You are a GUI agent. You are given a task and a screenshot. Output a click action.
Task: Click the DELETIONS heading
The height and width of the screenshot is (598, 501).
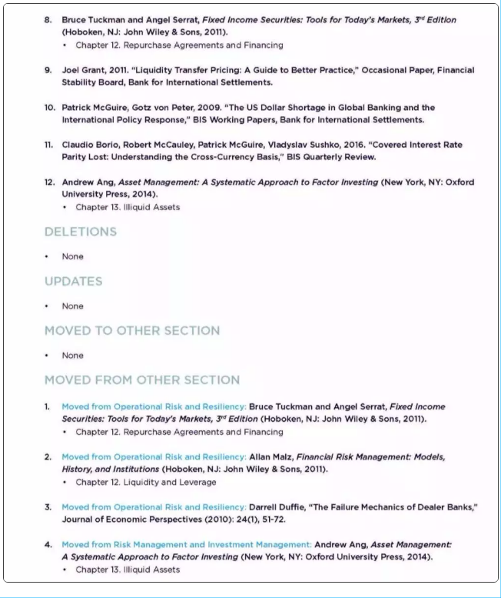(80, 232)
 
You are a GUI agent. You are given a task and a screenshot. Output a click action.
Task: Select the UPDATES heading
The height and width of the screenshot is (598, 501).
(73, 281)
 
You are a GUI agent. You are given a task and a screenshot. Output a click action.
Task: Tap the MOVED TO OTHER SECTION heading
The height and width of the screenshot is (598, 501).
(131, 330)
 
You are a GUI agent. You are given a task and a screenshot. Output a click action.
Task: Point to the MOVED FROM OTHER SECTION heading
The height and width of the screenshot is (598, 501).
(141, 379)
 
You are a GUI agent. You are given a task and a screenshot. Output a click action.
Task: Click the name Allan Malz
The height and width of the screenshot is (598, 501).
(271, 456)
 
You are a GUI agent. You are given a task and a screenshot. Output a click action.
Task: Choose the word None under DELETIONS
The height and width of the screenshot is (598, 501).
(73, 256)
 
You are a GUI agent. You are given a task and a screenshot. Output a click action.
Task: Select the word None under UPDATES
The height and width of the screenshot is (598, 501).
(73, 306)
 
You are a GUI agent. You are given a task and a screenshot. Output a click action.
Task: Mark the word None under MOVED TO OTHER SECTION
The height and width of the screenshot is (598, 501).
(73, 355)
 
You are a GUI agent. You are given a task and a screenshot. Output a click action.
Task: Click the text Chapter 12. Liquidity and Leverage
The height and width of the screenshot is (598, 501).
(145, 482)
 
